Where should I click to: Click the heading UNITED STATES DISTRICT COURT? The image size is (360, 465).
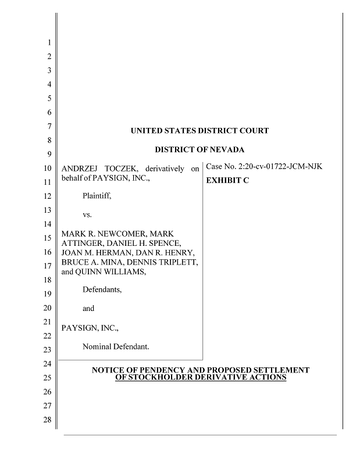(x=199, y=131)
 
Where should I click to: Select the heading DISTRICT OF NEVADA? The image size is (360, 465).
(x=199, y=149)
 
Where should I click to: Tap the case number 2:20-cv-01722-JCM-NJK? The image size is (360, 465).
(x=265, y=167)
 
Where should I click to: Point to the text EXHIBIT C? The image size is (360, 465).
(x=228, y=181)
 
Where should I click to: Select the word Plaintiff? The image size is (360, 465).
(x=97, y=196)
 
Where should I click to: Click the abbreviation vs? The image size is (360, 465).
(x=87, y=214)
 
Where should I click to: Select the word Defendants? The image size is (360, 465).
(x=102, y=289)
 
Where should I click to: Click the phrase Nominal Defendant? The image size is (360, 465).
(x=116, y=346)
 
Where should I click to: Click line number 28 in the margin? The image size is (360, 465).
(x=48, y=420)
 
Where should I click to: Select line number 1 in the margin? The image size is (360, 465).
(x=49, y=42)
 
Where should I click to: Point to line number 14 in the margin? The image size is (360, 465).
(x=48, y=224)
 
